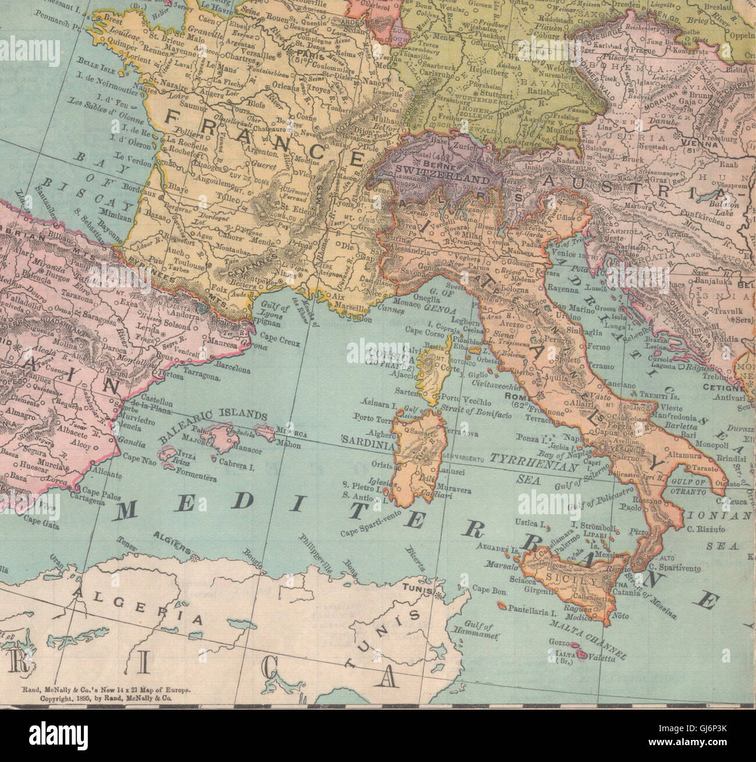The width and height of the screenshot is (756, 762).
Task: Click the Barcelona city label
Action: pyautogui.click(x=233, y=370)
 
